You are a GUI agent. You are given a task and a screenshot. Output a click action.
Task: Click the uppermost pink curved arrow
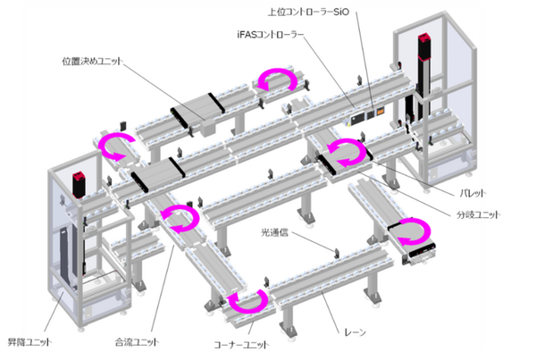(x=275, y=79)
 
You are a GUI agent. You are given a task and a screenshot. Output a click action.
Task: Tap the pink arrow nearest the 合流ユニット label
(x=180, y=217)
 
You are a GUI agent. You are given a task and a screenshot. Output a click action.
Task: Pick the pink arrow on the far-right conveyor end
(x=412, y=230)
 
